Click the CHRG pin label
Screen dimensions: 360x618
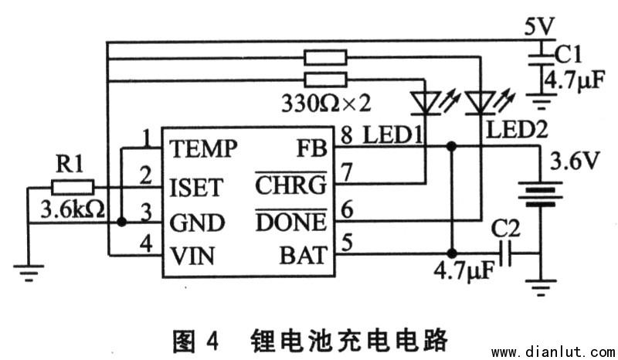point(291,186)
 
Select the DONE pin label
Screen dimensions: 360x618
point(291,223)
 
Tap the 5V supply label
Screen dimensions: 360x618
point(538,27)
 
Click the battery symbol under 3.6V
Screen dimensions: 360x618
point(538,193)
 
